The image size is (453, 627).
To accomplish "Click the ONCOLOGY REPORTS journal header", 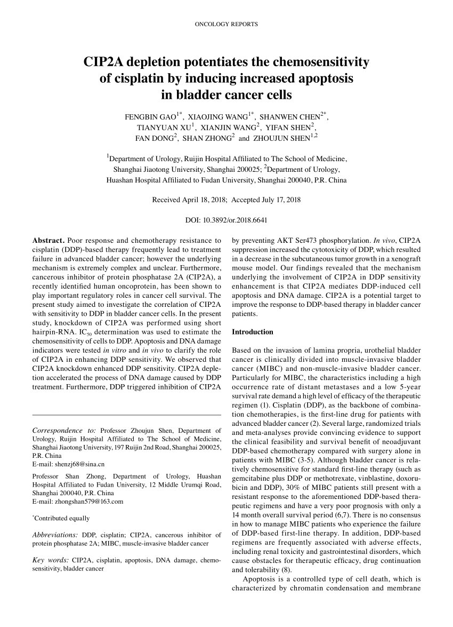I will tap(226, 25).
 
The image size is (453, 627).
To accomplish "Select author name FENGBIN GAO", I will tap(151, 116).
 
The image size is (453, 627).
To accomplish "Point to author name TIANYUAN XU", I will tap(164, 128).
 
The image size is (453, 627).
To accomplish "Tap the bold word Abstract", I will tap(48, 241).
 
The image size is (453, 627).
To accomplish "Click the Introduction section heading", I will tap(253, 332).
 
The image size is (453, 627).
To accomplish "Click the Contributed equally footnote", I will tap(62, 518).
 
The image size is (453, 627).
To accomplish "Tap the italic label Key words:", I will tap(51, 560).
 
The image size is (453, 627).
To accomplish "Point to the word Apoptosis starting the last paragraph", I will tap(260, 580).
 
